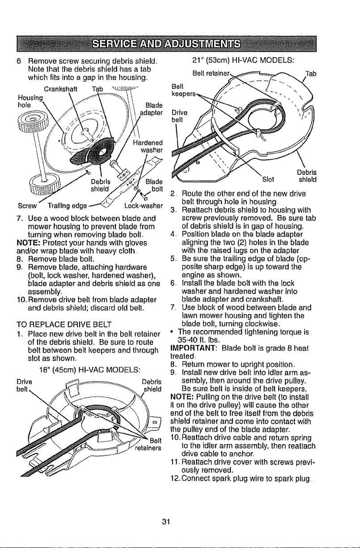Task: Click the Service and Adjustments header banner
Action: pyautogui.click(x=166, y=44)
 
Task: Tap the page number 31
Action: pyautogui.click(x=166, y=522)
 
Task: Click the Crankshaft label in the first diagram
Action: pyautogui.click(x=61, y=89)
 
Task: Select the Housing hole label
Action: pyautogui.click(x=30, y=102)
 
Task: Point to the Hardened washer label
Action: pyautogui.click(x=148, y=146)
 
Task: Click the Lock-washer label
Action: pyautogui.click(x=144, y=206)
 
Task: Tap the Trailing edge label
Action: pyautogui.click(x=68, y=206)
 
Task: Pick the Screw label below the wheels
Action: pyautogui.click(x=27, y=206)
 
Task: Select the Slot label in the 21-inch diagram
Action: pyautogui.click(x=268, y=179)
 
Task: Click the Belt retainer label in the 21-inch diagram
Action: pyautogui.click(x=211, y=73)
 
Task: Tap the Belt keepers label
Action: pyautogui.click(x=183, y=90)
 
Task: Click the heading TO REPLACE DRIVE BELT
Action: pyautogui.click(x=64, y=325)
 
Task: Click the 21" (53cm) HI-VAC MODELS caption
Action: pyautogui.click(x=243, y=60)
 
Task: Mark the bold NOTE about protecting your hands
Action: pyautogui.click(x=26, y=242)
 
